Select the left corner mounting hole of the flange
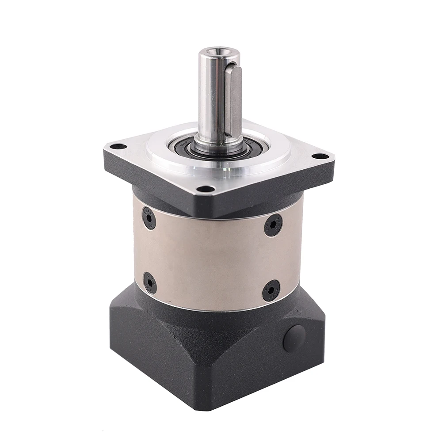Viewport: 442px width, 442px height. [x=118, y=146]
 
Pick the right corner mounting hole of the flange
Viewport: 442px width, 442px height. [x=320, y=156]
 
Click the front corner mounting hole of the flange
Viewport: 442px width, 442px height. [x=206, y=189]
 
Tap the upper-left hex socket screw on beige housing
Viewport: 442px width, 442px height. [x=149, y=218]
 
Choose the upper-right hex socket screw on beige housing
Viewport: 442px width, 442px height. [x=273, y=225]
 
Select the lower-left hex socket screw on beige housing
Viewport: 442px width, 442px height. [x=150, y=282]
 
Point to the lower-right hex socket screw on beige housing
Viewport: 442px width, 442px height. [x=271, y=290]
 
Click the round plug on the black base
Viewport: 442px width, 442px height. [x=294, y=339]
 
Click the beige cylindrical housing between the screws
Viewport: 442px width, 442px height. [x=212, y=256]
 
